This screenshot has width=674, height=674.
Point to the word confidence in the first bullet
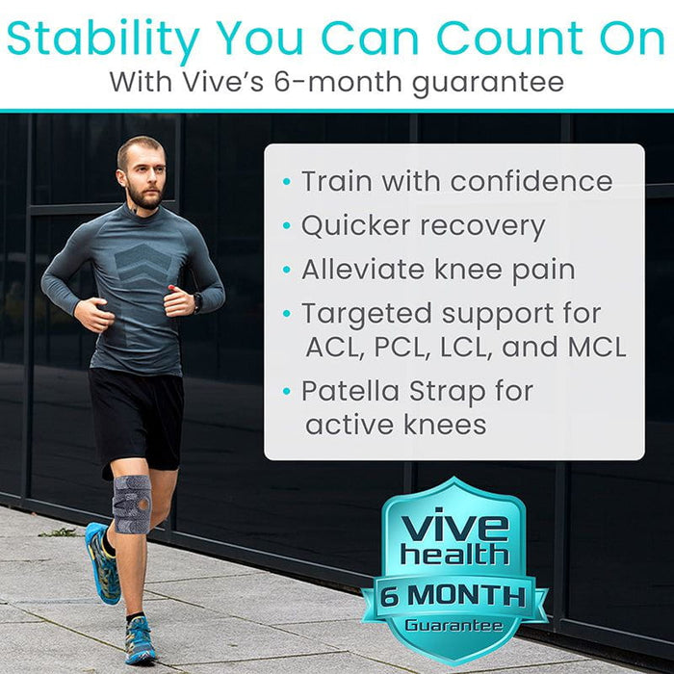click(x=523, y=181)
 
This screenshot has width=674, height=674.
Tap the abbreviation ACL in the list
click(x=330, y=347)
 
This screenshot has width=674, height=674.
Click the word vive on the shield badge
click(x=454, y=528)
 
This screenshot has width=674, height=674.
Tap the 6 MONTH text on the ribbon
click(x=454, y=594)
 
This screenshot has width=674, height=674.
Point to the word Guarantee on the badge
click(x=454, y=626)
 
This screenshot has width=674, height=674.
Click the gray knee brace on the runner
click(x=132, y=503)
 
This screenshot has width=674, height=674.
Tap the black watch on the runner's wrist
click(x=197, y=301)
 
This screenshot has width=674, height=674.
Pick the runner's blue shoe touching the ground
click(x=141, y=640)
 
